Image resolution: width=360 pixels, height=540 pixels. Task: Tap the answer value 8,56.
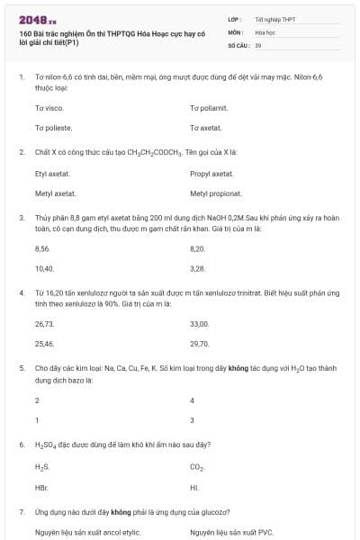(x=42, y=247)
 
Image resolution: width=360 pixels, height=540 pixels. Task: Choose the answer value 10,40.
(x=44, y=268)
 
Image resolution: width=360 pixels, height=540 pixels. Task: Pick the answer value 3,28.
(x=198, y=268)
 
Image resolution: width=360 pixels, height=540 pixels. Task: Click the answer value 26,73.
(x=44, y=323)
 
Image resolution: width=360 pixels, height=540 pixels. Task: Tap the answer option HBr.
(x=41, y=487)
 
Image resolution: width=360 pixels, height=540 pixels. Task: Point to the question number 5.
(x=21, y=368)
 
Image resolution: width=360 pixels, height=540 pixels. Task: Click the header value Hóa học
(x=265, y=31)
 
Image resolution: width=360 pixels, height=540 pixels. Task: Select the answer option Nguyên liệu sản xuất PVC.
(x=231, y=532)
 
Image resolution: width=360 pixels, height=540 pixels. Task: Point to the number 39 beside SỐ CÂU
(x=258, y=44)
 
